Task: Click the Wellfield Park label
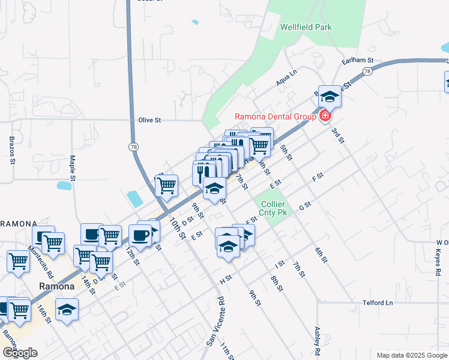click(306, 27)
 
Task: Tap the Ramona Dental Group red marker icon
click(325, 115)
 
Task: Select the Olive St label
click(149, 120)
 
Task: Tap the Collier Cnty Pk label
click(273, 208)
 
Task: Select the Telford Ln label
click(378, 303)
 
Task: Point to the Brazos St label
click(11, 150)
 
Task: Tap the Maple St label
click(72, 169)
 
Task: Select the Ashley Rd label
click(317, 340)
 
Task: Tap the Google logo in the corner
click(20, 353)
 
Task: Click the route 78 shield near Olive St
click(132, 146)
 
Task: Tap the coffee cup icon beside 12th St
click(140, 235)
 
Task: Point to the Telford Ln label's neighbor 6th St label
click(321, 255)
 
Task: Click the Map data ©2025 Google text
click(411, 355)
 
